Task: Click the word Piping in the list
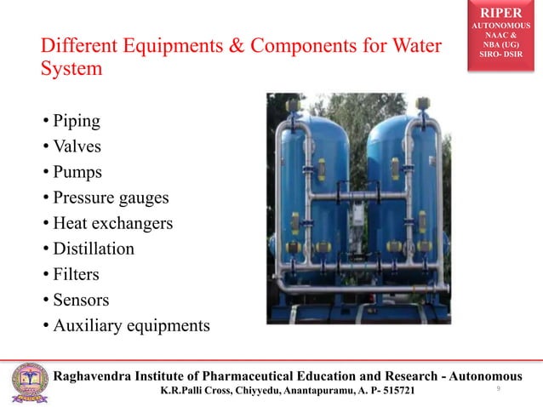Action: tap(76, 121)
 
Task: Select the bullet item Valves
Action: tap(77, 146)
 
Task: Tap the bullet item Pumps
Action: tap(77, 172)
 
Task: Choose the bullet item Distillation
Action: tap(93, 249)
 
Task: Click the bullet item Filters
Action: tap(76, 274)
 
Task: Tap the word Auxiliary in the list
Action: tap(88, 325)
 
